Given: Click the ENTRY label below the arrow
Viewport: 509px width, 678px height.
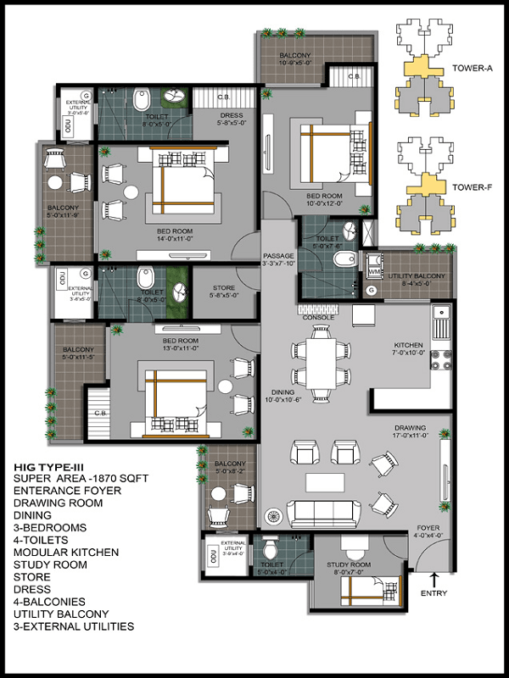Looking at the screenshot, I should tap(433, 593).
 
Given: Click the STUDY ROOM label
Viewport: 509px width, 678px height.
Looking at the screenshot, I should tap(349, 564).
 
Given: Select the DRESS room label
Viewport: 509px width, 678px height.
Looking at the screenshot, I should tap(231, 115).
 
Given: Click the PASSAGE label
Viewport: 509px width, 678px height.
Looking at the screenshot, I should tap(278, 255).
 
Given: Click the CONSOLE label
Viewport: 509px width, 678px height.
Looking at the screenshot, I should tap(318, 317).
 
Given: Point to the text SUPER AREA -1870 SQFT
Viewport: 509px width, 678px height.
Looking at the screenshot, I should tap(81, 479).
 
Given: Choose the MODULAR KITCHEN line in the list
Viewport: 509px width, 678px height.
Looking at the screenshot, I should tap(66, 552).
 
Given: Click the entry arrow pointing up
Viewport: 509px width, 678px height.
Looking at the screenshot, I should tap(434, 579).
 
